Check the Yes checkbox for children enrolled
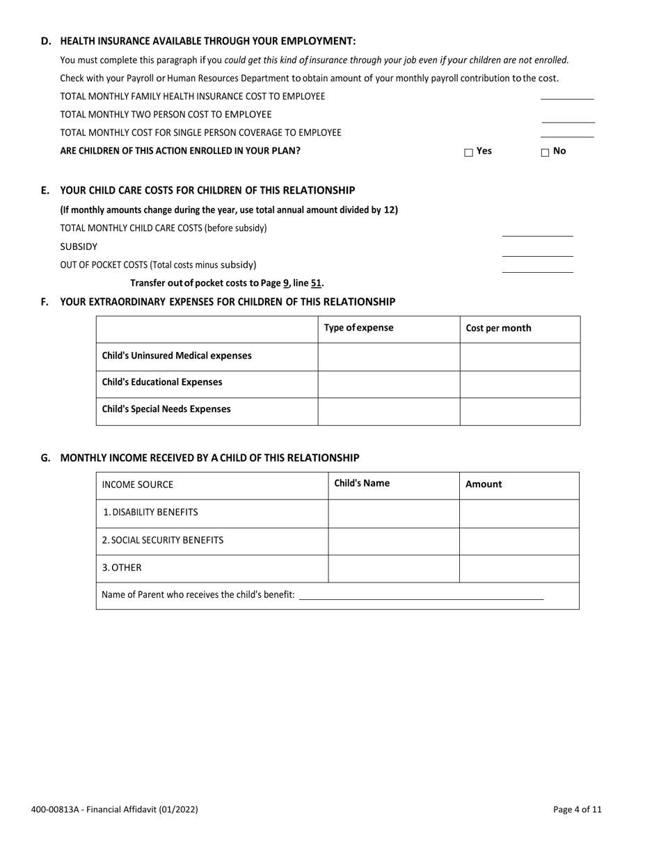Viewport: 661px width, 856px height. point(468,152)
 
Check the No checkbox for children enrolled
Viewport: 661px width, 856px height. point(545,152)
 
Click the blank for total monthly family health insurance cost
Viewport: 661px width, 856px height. point(567,96)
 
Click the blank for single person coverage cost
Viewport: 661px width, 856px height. point(567,132)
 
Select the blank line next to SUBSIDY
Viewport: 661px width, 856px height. point(537,251)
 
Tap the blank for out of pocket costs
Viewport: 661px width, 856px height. point(537,267)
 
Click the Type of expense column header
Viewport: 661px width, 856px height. point(358,328)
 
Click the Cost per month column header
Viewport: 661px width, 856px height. point(498,328)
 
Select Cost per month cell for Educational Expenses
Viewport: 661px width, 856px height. point(520,383)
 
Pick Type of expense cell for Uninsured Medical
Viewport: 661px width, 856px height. point(388,356)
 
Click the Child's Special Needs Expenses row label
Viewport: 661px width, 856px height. point(166,409)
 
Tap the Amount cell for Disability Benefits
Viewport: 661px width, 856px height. point(519,513)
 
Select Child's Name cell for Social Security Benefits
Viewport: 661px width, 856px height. point(393,541)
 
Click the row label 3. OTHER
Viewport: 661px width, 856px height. point(122,568)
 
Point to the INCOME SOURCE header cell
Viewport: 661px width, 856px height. point(138,485)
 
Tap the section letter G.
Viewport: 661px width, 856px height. point(46,458)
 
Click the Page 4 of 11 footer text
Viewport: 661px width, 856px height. point(577,809)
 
